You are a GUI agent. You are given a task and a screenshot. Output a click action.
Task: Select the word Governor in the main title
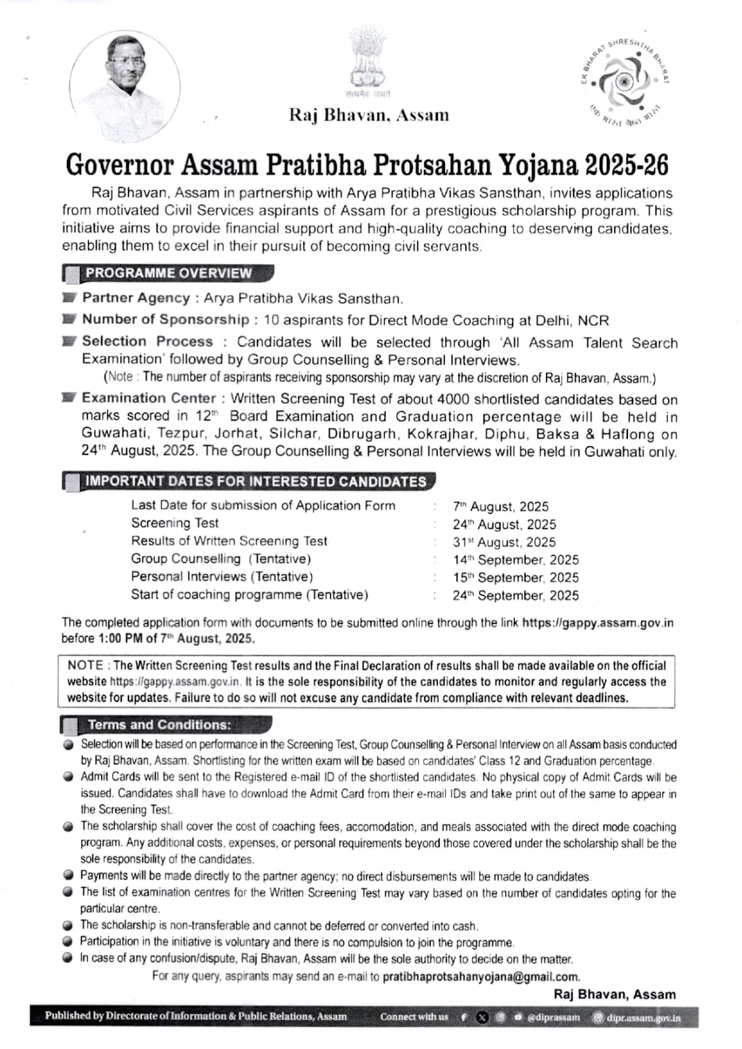[120, 165]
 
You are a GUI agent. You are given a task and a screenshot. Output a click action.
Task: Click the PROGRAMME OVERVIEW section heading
[168, 273]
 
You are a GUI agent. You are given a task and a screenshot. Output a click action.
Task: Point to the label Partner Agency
[136, 298]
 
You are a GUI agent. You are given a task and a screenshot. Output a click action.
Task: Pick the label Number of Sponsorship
[165, 319]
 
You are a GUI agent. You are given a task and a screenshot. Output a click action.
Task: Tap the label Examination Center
[149, 398]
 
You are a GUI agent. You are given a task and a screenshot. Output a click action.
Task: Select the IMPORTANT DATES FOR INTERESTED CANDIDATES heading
[256, 481]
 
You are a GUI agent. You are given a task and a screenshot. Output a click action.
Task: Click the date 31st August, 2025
[504, 542]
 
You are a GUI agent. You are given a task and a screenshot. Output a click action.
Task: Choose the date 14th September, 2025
[516, 560]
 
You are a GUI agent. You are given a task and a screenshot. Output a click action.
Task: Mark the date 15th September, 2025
[516, 578]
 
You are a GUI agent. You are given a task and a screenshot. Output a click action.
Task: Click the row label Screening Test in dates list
[174, 523]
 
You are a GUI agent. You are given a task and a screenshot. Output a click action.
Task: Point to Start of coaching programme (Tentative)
[249, 595]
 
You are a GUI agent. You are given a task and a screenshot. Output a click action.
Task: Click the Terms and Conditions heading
[159, 724]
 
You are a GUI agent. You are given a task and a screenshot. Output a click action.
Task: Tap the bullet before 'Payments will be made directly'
[68, 875]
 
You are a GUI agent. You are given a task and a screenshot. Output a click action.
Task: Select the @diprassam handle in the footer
[553, 1018]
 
